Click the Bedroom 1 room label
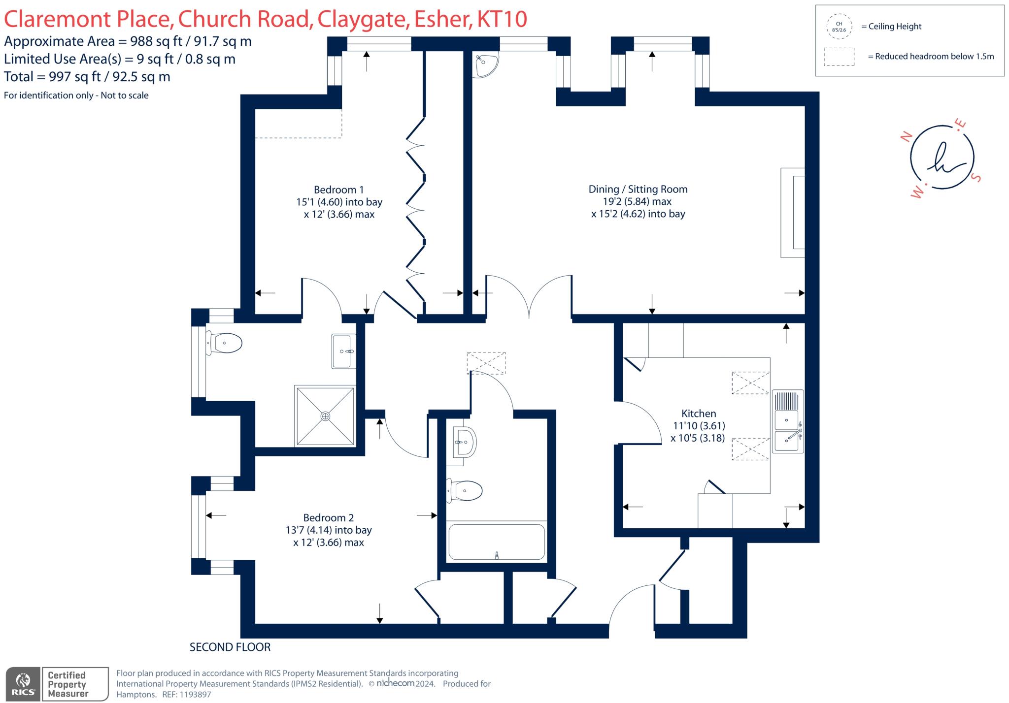click(x=338, y=190)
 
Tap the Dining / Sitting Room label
click(x=638, y=190)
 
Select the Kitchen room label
click(x=698, y=414)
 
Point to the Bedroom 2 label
click(x=328, y=518)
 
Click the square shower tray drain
click(x=325, y=416)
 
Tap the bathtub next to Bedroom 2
click(x=496, y=542)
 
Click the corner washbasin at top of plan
click(x=485, y=64)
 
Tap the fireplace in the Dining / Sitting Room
click(x=793, y=213)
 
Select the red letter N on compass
click(x=906, y=137)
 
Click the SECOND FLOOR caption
click(x=230, y=647)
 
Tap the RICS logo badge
click(x=23, y=684)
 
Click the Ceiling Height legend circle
click(x=839, y=27)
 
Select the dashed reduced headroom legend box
click(x=839, y=57)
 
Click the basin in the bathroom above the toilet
click(x=464, y=442)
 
